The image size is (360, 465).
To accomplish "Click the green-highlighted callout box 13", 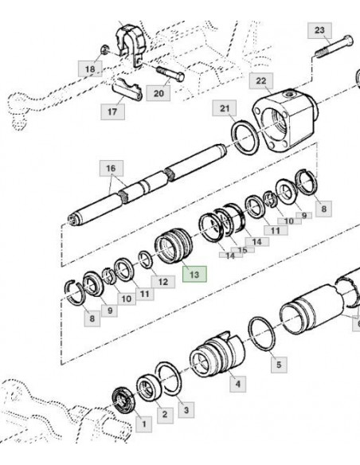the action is pos(194,274).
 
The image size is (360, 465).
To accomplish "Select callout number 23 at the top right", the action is pos(319,30).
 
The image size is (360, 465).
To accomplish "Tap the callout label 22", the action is pos(261,81).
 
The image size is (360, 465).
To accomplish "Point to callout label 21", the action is pos(225,108).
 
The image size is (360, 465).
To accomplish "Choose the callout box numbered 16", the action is pos(112,169).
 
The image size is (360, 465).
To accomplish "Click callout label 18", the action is pos(90,68).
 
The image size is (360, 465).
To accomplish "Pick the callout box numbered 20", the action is pos(158,93).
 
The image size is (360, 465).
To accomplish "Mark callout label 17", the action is pos(112,111).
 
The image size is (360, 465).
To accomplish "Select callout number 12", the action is pos(162,282).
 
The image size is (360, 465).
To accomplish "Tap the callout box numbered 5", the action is pos(279,365).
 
